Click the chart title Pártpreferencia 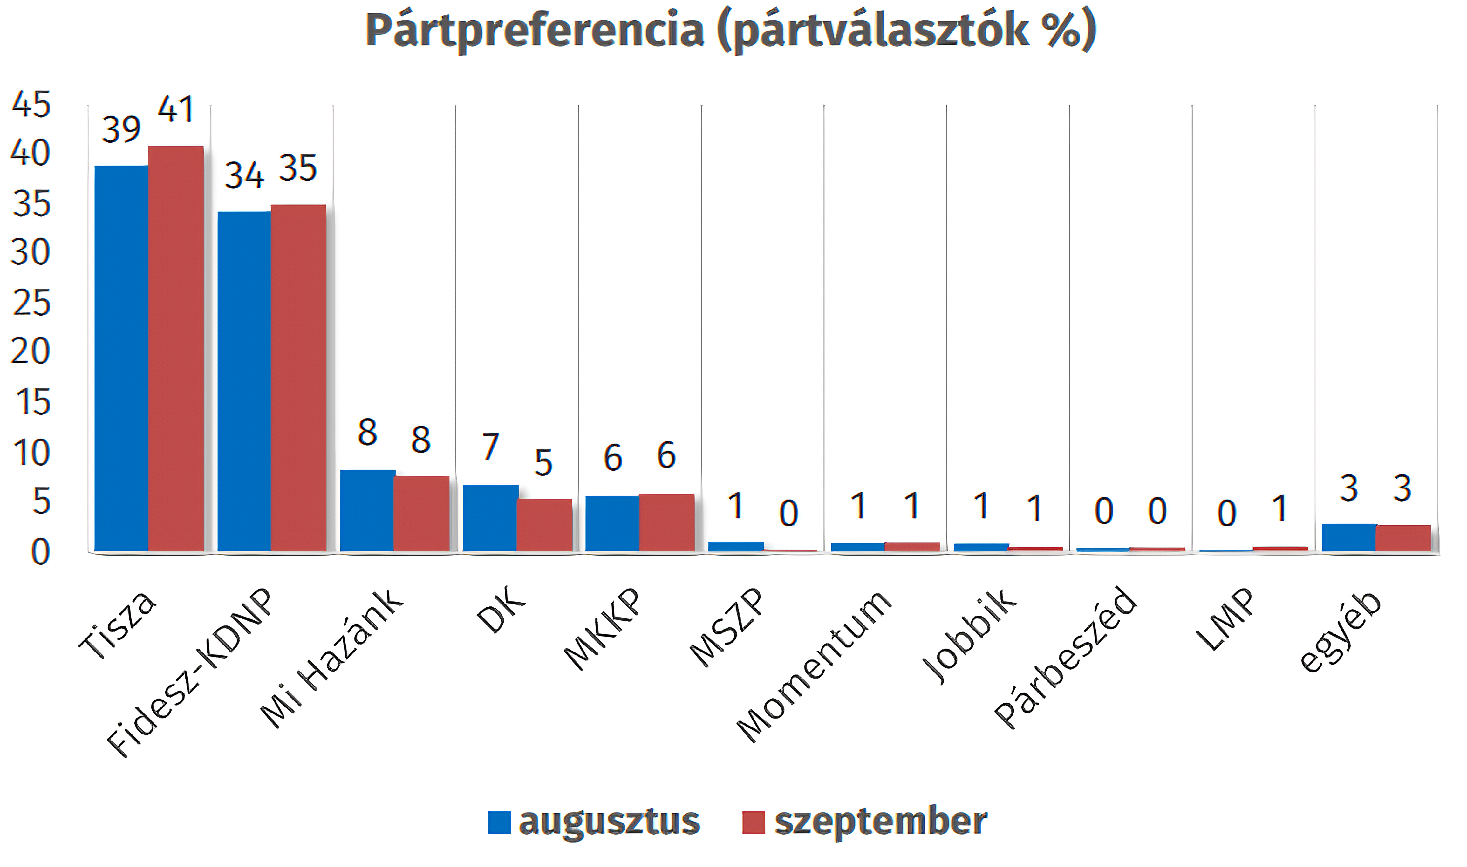click(730, 31)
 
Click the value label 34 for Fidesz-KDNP click(244, 175)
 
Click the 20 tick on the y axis click(31, 352)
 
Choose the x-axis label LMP click(1225, 619)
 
